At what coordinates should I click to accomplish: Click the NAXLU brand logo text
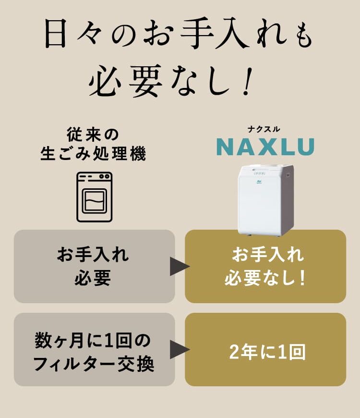pos(265,147)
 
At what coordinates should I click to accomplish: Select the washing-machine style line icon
pos(95,197)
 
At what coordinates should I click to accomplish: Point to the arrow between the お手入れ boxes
pos(179,266)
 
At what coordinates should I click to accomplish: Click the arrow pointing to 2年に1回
pos(179,349)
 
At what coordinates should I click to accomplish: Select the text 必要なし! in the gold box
pos(265,279)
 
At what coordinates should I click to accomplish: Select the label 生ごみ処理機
pos(93,155)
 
